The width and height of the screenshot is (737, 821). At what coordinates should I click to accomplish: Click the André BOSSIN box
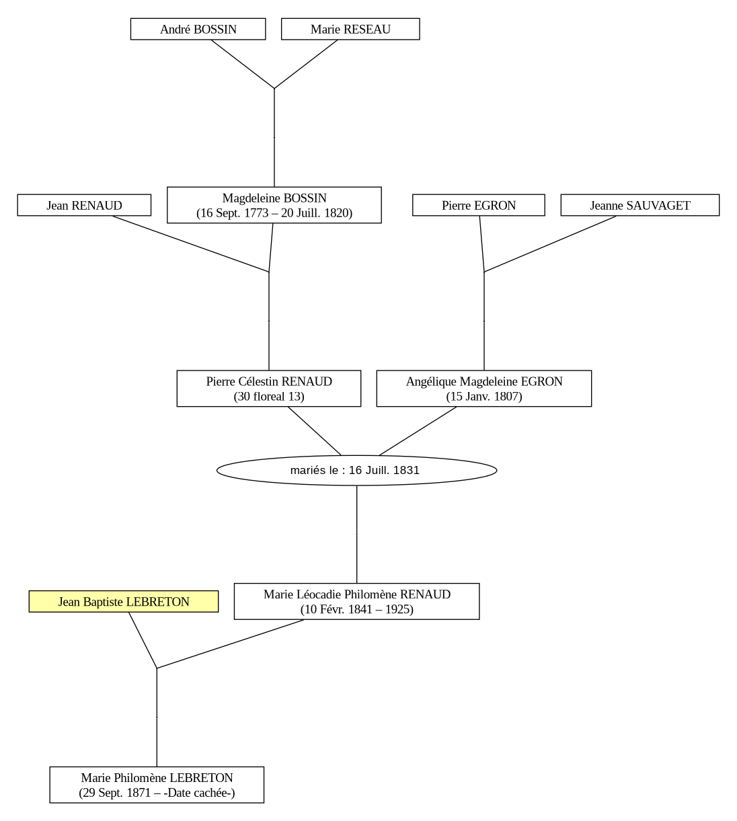198,29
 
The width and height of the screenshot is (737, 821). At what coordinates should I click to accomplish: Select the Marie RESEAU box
350,29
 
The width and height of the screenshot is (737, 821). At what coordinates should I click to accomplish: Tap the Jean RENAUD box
84,205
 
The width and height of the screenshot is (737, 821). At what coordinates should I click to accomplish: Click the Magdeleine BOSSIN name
274,198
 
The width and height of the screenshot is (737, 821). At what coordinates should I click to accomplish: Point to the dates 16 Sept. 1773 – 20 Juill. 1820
274,212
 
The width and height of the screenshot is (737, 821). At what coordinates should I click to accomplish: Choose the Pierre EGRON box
478,205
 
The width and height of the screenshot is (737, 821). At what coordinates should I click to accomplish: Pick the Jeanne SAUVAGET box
639,205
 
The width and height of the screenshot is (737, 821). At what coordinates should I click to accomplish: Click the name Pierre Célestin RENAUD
269,381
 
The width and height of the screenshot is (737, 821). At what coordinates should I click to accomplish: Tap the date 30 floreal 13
269,396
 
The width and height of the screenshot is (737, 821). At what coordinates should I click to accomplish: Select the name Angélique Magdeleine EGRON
484,381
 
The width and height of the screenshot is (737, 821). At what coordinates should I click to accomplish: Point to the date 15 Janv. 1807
484,396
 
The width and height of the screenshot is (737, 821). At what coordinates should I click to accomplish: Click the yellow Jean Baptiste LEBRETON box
124,601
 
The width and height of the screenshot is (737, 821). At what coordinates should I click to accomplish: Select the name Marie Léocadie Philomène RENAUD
357,594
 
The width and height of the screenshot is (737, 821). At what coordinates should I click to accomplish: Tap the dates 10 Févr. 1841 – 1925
357,609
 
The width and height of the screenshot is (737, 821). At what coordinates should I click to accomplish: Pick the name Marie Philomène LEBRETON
157,778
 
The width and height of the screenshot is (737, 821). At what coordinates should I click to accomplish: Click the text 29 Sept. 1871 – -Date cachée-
157,793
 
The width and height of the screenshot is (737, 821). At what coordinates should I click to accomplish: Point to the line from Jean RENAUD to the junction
190,244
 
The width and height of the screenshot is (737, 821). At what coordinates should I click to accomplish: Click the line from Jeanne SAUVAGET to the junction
550,244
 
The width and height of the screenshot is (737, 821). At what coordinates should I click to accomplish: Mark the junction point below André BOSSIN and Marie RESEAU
274,88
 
